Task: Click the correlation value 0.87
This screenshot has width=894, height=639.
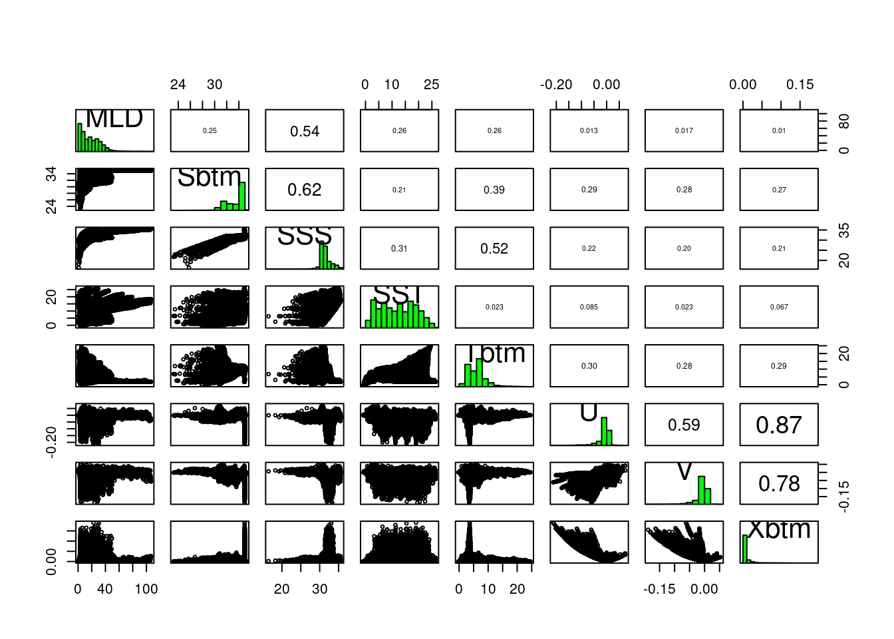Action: tap(779, 425)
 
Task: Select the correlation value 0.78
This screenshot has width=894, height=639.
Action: tap(779, 484)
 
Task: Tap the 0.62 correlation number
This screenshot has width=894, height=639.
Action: tap(305, 190)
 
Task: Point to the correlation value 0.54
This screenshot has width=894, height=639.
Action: tap(305, 132)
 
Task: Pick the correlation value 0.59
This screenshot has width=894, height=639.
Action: tap(684, 425)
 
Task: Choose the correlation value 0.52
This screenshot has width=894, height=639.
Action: tap(494, 249)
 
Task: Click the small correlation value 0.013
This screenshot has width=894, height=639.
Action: tap(589, 131)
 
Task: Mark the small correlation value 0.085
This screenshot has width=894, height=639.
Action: tap(589, 308)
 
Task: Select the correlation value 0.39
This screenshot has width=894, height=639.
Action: tap(494, 190)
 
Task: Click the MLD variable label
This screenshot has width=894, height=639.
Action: tap(114, 118)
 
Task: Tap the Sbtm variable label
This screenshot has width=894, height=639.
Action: tap(209, 177)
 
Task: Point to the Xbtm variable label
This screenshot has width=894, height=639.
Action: tap(779, 529)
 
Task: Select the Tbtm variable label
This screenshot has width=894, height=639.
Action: tap(495, 353)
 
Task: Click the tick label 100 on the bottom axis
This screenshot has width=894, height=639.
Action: tap(146, 589)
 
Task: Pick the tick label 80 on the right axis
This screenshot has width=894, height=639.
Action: tap(844, 122)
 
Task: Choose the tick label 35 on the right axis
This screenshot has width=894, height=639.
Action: tap(844, 230)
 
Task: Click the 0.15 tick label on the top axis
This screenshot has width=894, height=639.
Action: tap(800, 85)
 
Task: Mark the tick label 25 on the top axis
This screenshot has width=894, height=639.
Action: tap(431, 85)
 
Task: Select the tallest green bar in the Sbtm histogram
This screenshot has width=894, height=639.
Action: tap(243, 196)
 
